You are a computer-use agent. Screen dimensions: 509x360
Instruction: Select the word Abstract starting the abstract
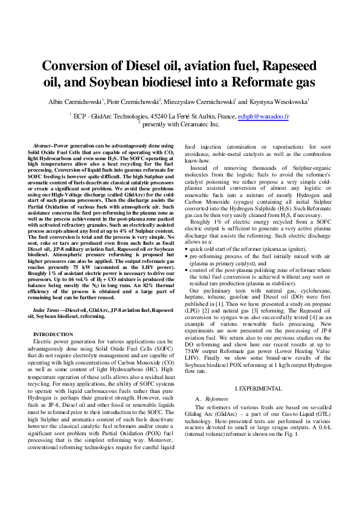(42, 146)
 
